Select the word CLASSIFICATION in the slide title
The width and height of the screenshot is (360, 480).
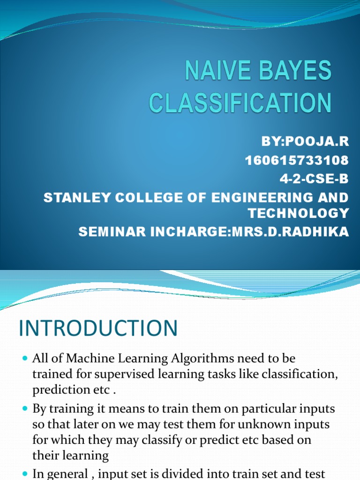coord(240,103)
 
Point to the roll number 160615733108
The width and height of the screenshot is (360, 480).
coord(297,160)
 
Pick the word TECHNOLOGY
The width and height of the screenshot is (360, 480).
coord(299,214)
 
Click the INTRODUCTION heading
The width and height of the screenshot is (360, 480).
coord(98,328)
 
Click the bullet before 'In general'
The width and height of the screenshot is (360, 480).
coord(25,473)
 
